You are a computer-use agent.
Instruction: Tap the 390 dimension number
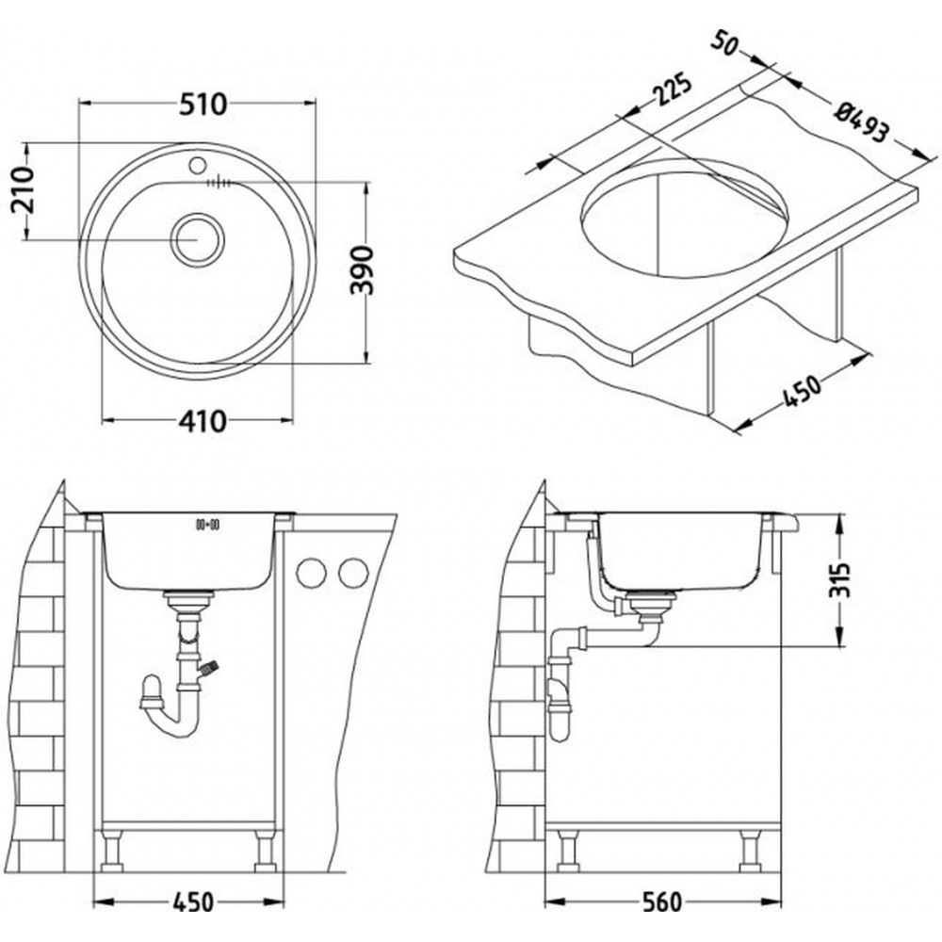(362, 269)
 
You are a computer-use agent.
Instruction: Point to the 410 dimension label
(201, 421)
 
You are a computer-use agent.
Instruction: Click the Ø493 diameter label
(861, 121)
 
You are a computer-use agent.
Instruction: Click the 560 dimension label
(658, 901)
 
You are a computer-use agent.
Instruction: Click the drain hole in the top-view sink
(197, 238)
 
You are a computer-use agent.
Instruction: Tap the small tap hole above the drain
(197, 166)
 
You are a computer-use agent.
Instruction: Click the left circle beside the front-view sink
(311, 573)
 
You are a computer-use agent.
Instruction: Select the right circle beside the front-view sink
(353, 573)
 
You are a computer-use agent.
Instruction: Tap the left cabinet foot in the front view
(112, 853)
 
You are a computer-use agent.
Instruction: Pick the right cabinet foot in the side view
(751, 853)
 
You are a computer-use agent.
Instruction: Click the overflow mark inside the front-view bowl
(206, 523)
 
